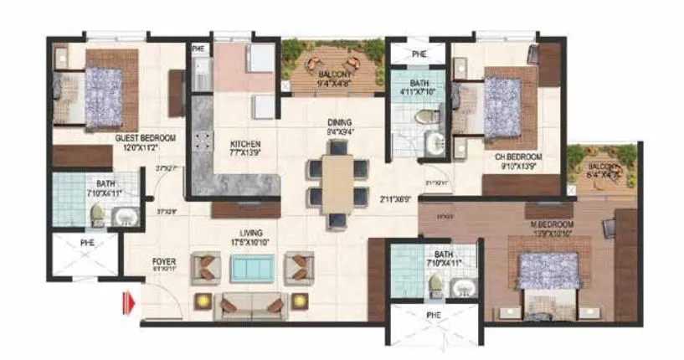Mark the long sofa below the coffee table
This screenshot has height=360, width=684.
(x=249, y=306)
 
